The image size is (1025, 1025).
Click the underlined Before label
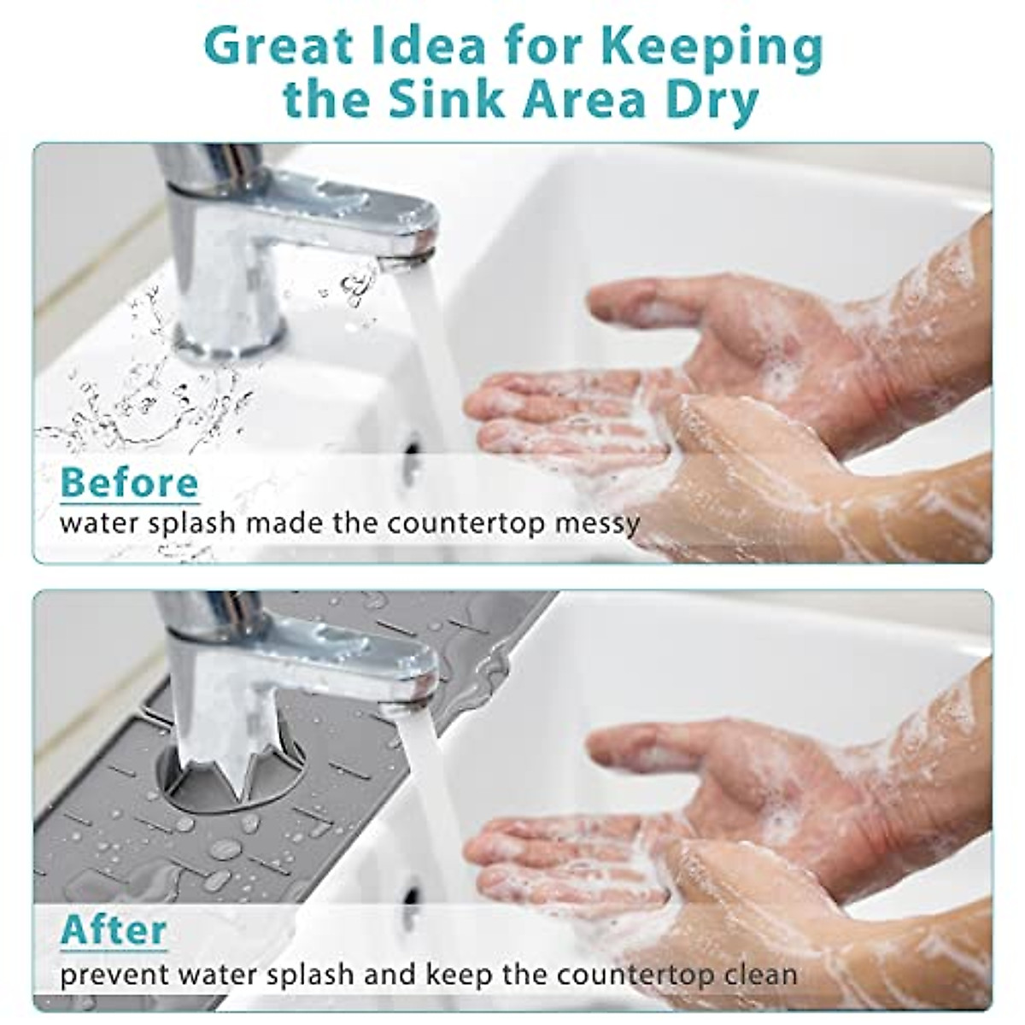130,483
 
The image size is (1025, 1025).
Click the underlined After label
114,929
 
